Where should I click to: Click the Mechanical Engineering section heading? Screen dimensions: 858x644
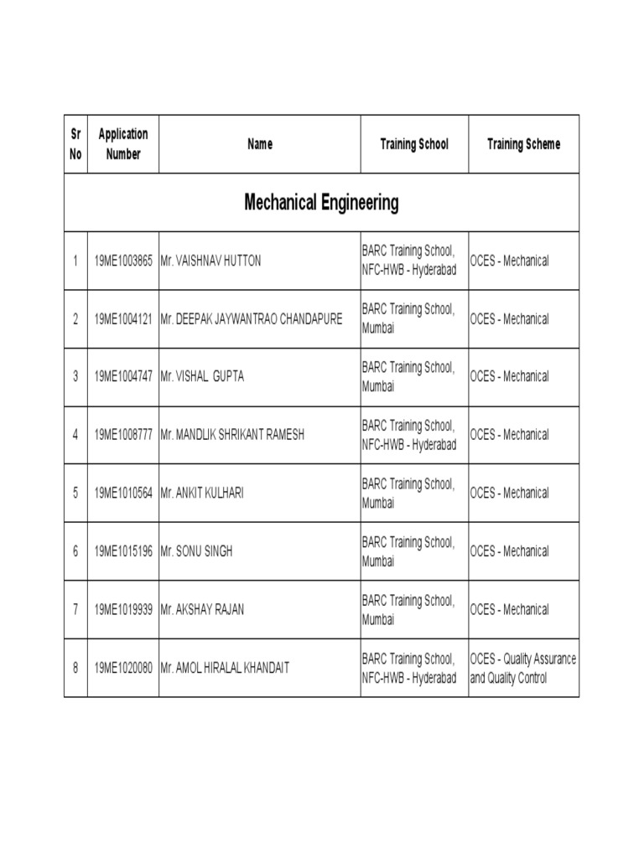pos(321,202)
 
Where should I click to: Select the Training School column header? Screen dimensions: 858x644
pos(414,144)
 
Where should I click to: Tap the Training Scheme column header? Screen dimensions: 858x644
pos(523,144)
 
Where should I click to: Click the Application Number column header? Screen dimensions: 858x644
pos(123,144)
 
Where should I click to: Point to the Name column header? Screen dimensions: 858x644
pos(260,144)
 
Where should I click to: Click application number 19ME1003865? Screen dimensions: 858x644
pos(123,261)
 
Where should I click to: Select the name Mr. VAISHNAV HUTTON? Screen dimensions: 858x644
pos(210,261)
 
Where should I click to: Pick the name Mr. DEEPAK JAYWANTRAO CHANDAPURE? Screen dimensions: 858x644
pos(252,319)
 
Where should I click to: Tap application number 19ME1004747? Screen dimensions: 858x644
pos(123,376)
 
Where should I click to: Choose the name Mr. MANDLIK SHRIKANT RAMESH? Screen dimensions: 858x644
pos(232,435)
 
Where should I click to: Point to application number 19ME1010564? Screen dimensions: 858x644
pos(123,493)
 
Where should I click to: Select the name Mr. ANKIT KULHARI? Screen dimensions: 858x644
pos(202,493)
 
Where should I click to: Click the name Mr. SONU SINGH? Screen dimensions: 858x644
pos(196,551)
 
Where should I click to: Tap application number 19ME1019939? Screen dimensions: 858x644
pos(123,609)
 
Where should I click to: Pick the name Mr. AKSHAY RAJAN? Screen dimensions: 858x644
pos(202,609)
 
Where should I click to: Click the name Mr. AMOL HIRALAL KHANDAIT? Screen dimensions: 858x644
pos(225,668)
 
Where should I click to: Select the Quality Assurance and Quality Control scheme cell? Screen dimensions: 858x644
pos(523,668)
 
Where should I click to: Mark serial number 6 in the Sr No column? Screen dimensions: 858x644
pos(75,551)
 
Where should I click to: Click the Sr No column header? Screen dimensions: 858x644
pos(75,144)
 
